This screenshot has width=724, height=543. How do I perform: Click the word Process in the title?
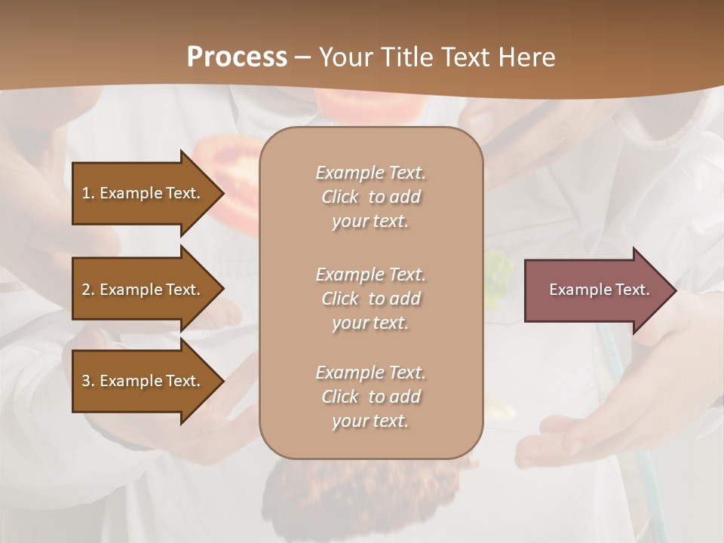coord(237,57)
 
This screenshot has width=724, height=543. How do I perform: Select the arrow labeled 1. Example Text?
coord(143,193)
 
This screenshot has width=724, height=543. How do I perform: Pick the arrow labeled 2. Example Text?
coord(143,290)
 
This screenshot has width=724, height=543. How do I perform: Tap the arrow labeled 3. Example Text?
coord(143,381)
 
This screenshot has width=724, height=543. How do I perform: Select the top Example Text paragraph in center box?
coord(370,197)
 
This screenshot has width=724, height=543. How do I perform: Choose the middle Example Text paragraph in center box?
coord(370,299)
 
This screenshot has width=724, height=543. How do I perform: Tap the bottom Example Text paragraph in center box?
coord(370,397)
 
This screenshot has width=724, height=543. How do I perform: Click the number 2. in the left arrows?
coord(88,290)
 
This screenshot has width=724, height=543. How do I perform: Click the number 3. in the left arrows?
coord(88,381)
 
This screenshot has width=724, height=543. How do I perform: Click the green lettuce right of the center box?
coord(498,271)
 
